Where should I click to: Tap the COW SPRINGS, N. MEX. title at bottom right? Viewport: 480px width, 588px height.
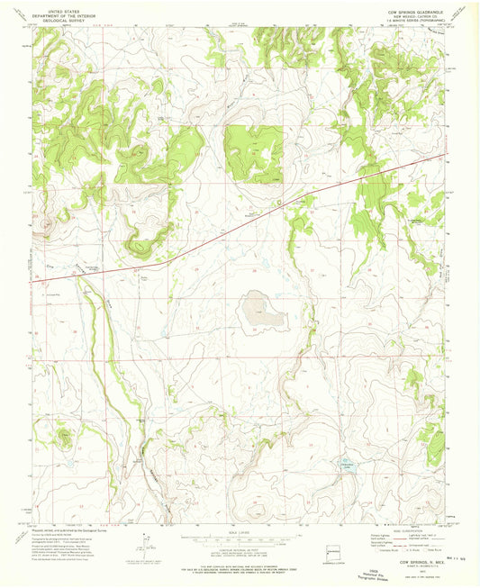pyautogui.click(x=413, y=563)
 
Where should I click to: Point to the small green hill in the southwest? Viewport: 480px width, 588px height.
pyautogui.click(x=65, y=438)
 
